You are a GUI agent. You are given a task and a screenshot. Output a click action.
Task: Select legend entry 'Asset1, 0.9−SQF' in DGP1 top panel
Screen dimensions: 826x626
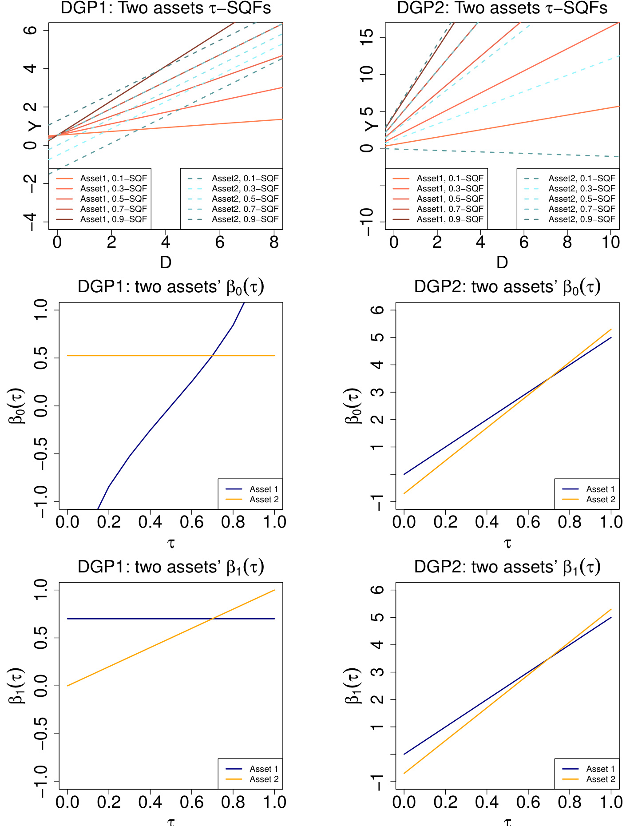coord(113,219)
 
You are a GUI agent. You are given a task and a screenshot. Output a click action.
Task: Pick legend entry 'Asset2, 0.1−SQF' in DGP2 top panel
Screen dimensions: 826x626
coord(582,178)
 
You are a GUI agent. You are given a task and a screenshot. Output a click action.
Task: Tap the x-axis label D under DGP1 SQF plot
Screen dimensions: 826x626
coord(165,262)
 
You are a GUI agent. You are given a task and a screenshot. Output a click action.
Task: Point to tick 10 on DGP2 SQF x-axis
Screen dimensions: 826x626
coord(610,242)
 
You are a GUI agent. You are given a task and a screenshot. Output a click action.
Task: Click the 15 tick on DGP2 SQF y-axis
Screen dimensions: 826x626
coord(368,37)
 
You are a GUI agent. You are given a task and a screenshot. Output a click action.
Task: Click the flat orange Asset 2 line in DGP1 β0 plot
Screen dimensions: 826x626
coord(133,356)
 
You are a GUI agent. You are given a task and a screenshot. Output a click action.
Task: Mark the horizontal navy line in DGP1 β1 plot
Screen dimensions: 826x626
coord(133,619)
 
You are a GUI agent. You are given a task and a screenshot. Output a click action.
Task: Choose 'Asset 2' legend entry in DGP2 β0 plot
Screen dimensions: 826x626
coord(600,500)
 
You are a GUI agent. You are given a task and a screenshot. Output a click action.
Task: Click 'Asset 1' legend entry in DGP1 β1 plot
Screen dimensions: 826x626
coord(264,769)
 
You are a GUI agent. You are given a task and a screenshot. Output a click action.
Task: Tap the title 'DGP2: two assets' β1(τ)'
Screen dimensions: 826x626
coord(507,567)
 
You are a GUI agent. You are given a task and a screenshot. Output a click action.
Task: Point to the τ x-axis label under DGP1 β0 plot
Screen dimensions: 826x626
coord(171,543)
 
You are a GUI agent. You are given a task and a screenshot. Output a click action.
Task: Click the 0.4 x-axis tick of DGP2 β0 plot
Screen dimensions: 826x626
coord(487,522)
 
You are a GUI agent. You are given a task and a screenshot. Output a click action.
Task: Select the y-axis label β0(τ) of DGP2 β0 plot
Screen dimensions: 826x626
coord(353,406)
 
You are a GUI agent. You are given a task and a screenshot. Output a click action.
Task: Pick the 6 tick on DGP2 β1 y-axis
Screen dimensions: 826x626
coord(378,590)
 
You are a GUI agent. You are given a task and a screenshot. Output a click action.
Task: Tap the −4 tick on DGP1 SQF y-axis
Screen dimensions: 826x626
coord(31,222)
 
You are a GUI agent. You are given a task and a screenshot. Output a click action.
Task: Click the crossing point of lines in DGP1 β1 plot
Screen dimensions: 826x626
coord(213,619)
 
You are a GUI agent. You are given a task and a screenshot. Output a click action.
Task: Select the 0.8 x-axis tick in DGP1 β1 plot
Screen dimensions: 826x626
coord(233,802)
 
